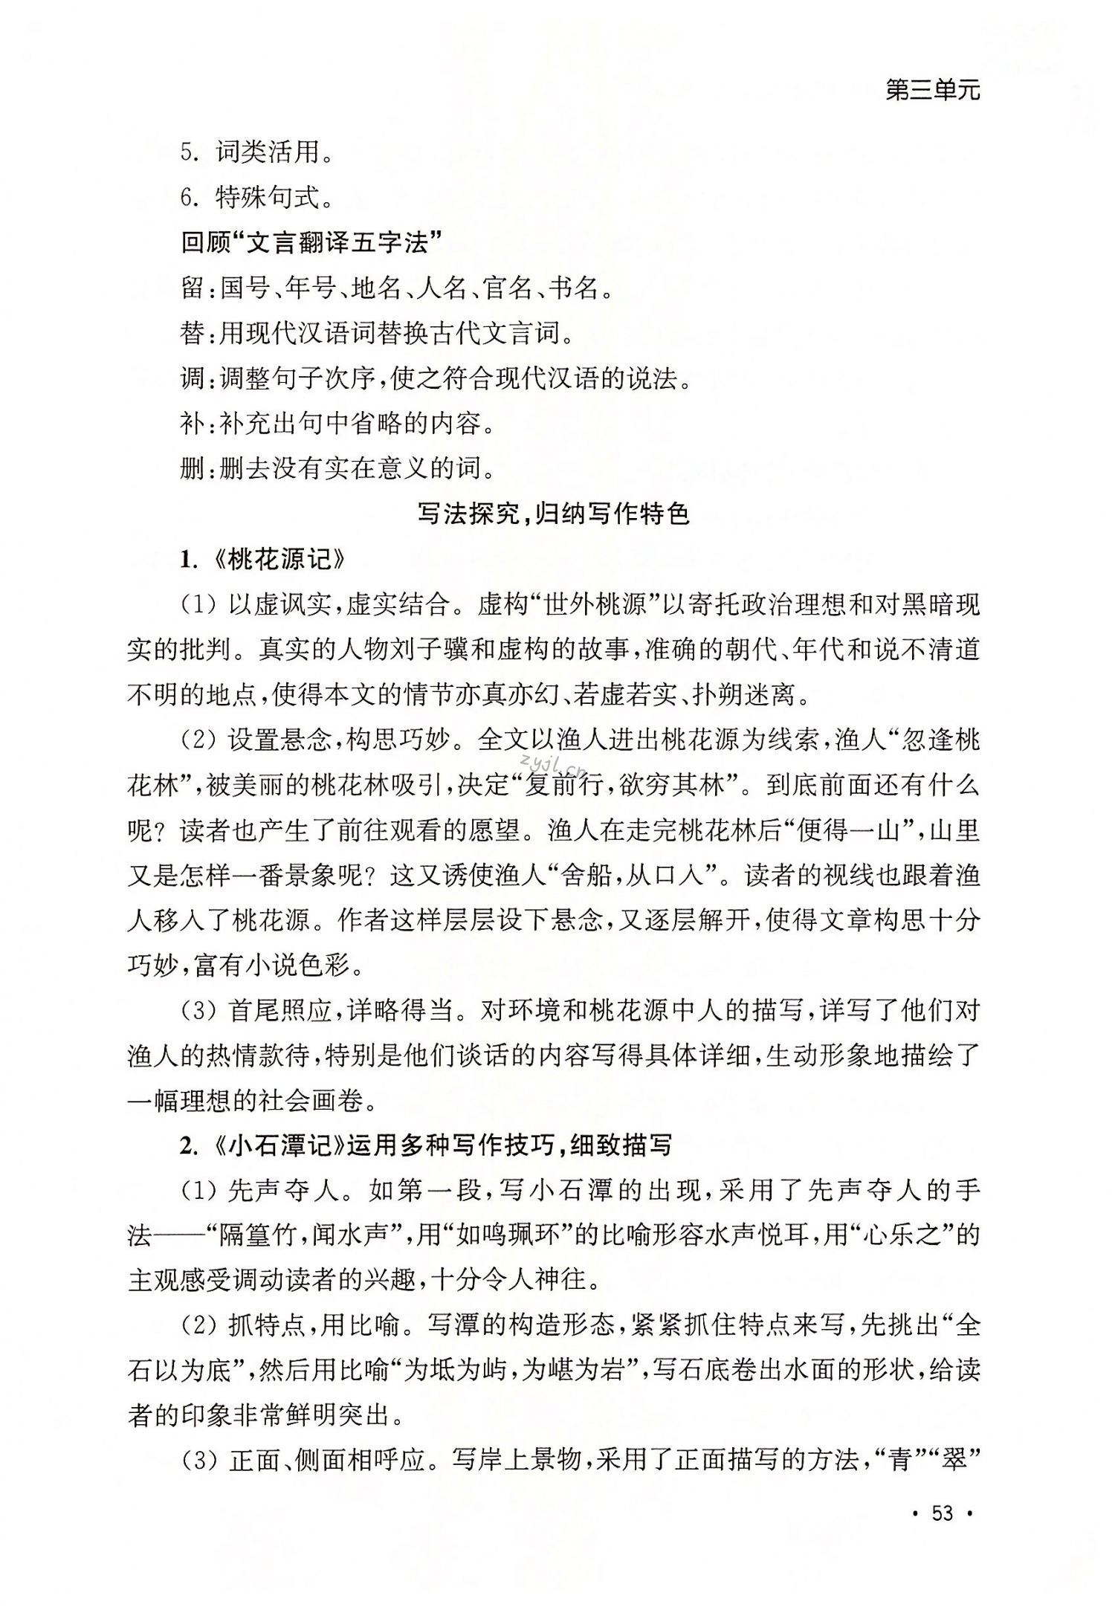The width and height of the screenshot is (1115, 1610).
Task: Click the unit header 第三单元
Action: pyautogui.click(x=933, y=91)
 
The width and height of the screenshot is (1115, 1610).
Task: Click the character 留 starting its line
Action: pyautogui.click(x=193, y=288)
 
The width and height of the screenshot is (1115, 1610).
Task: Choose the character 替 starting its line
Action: pyautogui.click(x=193, y=334)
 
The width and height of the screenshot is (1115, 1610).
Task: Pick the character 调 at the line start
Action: pyautogui.click(x=193, y=379)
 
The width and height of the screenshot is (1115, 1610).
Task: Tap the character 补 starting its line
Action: pyautogui.click(x=193, y=424)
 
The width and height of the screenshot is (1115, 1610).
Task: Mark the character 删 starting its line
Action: pyautogui.click(x=193, y=470)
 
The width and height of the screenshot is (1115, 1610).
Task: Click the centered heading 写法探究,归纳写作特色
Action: pyautogui.click(x=554, y=514)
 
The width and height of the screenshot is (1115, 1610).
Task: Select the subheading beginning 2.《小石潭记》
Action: pyautogui.click(x=426, y=1145)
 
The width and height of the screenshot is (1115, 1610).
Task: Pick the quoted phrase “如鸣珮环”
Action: pyautogui.click(x=509, y=1235)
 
